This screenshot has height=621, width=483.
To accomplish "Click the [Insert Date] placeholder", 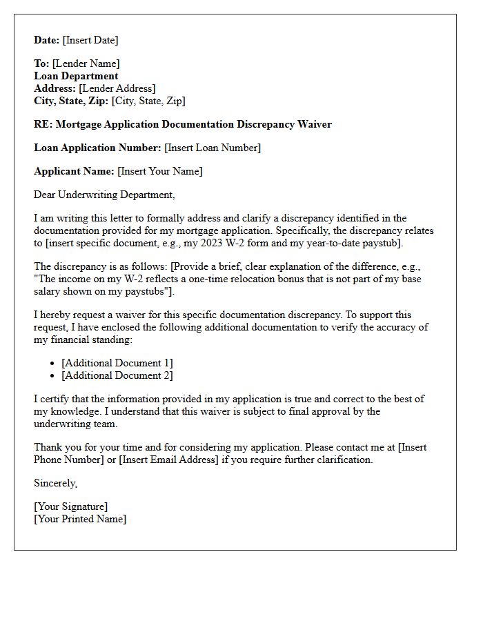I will coord(90,40).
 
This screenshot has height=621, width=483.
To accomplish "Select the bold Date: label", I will coord(47,40).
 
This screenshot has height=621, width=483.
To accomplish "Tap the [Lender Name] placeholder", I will coord(86,63).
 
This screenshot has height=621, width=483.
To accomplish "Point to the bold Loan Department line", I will coord(76,76).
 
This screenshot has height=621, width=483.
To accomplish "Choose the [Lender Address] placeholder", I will coord(117,88).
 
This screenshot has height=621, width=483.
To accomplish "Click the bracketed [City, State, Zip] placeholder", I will coord(148,101).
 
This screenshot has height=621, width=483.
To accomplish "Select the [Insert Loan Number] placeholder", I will coord(213,148).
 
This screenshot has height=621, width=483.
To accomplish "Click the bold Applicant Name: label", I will coord(74,171).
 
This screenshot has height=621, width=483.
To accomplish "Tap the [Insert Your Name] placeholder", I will coord(160,171).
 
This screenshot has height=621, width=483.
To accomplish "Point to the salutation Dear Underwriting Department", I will coord(104,195).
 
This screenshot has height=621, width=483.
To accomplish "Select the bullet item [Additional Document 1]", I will coord(117,363).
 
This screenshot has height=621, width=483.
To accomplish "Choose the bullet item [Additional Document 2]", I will coord(117,375).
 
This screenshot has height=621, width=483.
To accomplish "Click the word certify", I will coord(55,399).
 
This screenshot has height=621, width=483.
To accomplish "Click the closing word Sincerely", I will coord(55,483).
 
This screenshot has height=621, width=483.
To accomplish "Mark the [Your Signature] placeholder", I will coord(70,506).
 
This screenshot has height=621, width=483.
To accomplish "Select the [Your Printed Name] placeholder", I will coord(80,519).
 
